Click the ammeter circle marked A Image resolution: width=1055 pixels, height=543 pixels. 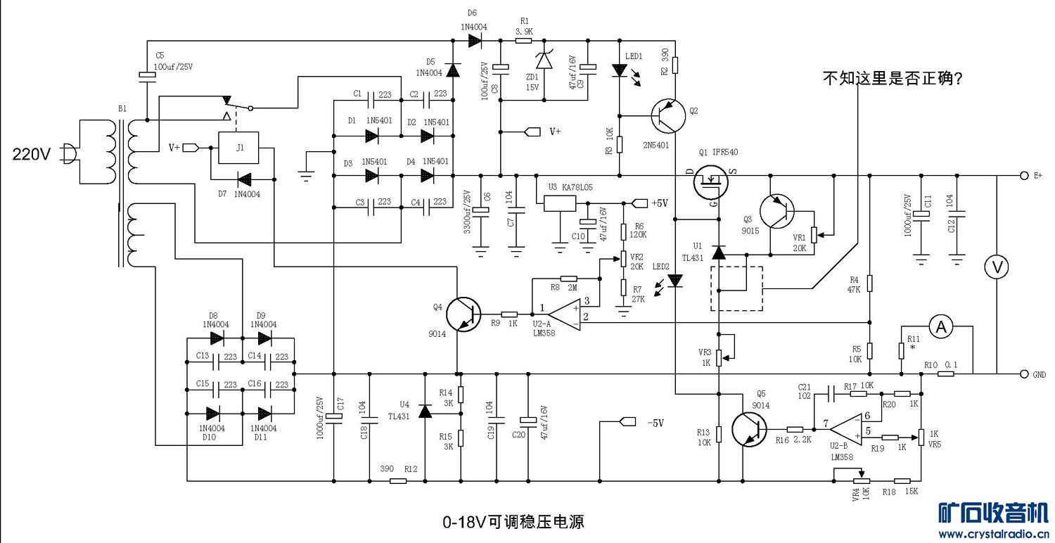click(x=940, y=326)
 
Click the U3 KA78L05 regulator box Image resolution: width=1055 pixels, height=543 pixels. click(x=560, y=203)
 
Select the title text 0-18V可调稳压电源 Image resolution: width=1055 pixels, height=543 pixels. click(x=513, y=523)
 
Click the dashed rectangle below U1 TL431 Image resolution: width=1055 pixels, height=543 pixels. click(x=736, y=288)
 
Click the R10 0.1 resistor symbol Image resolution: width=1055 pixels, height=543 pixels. click(x=946, y=374)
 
